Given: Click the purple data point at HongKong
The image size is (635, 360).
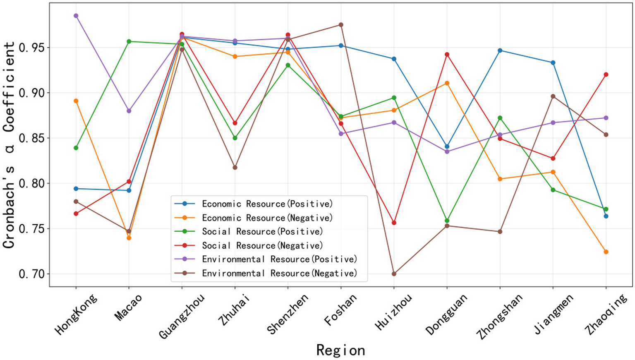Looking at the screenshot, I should (x=76, y=16).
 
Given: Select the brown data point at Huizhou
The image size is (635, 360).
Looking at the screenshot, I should (x=394, y=274).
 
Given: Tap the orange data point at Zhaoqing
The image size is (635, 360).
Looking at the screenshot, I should (x=606, y=252).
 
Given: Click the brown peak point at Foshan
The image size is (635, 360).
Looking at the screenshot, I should (x=341, y=25).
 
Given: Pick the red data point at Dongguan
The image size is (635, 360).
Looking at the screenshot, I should (x=447, y=55).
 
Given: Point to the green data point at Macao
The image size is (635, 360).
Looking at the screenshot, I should (x=129, y=41).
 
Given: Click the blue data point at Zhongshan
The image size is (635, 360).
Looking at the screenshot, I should (x=500, y=50).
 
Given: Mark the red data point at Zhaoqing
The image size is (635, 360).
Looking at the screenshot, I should (x=606, y=75).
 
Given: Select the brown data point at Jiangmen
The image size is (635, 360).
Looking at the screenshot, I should (x=553, y=96).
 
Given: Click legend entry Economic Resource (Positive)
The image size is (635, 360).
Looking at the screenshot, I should (x=267, y=204).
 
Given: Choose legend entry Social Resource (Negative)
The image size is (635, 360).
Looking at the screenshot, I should (x=262, y=246).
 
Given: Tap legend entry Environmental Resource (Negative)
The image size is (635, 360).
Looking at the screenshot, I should (x=279, y=274).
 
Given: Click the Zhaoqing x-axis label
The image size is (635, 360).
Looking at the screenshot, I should (x=606, y=315).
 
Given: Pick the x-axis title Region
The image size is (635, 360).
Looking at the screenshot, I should (x=340, y=350).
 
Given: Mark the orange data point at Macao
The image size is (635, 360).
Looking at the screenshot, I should (x=129, y=238).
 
